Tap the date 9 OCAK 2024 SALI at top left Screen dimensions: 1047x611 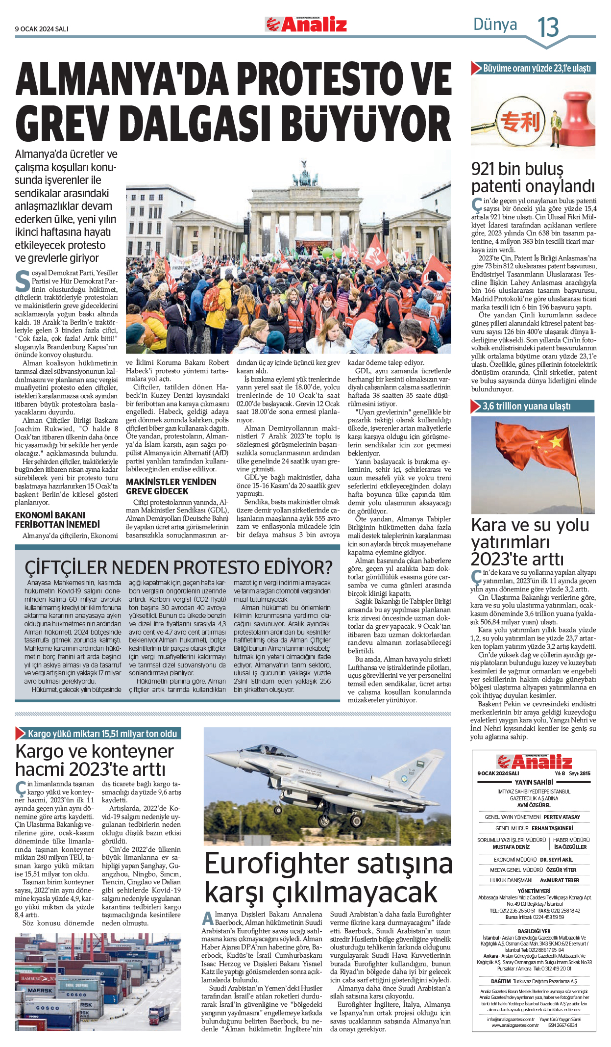coord(42,29)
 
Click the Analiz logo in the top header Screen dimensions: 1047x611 coord(306,24)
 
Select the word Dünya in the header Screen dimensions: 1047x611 coord(495,25)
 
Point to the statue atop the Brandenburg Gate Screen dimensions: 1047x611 coord(303,167)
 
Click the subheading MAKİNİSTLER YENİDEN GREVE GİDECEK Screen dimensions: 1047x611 coord(171,486)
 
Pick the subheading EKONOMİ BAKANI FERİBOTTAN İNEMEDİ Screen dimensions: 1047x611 coord(57,520)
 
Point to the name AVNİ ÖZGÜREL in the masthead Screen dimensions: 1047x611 coord(534,805)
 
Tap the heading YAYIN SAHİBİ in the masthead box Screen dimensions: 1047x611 coord(534,782)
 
